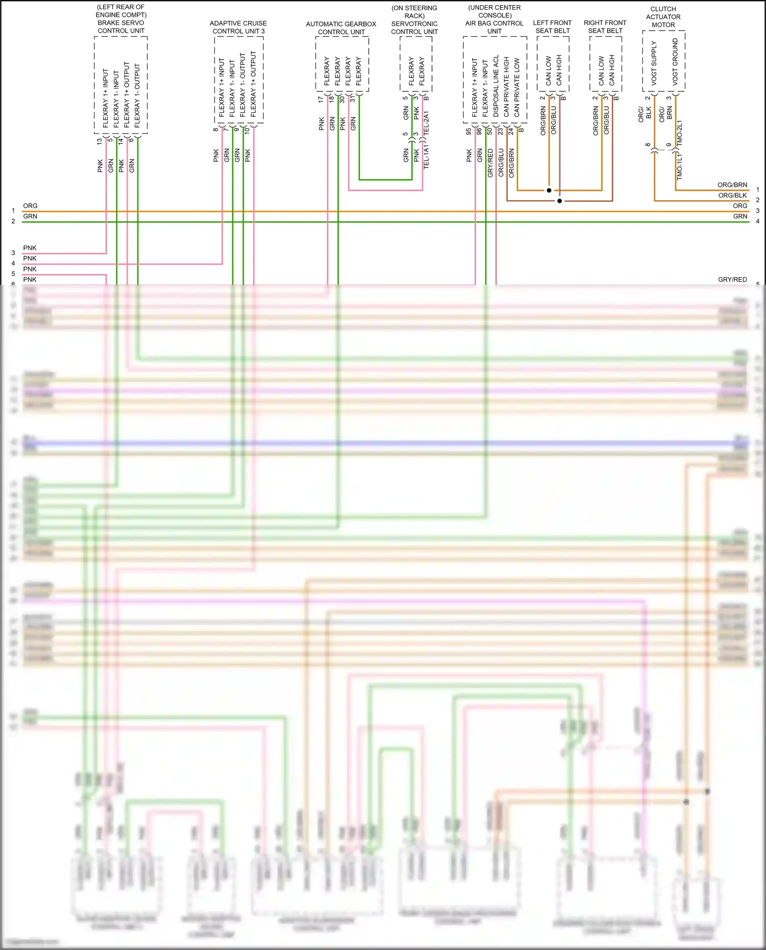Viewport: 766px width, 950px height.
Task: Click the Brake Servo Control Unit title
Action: coord(121,19)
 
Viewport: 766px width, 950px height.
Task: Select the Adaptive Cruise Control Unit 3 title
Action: coord(238,27)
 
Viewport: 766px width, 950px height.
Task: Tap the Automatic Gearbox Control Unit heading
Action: coord(341,28)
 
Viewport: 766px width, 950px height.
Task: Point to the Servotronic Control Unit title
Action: coord(414,20)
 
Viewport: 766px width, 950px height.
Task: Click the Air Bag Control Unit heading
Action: coord(494,19)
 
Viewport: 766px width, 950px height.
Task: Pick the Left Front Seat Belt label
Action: coord(553,27)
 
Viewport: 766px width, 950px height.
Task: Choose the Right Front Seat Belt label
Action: coord(605,27)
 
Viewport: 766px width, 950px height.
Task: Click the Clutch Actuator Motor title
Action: coord(663,17)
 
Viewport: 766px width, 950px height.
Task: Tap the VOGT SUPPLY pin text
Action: coord(654,62)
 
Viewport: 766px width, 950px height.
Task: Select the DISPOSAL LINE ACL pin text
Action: coord(496,86)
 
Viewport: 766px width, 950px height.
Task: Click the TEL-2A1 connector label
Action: coord(426,123)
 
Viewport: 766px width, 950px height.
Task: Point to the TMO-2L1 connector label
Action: coord(679,134)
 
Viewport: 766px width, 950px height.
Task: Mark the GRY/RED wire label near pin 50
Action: coord(490,163)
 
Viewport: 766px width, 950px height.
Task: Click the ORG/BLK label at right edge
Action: coord(732,196)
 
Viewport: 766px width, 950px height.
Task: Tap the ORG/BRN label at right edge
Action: coord(732,185)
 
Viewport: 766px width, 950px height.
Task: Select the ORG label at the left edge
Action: coord(30,206)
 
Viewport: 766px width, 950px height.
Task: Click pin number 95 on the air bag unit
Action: coord(469,131)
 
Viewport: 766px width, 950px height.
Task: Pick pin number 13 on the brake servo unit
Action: coord(100,141)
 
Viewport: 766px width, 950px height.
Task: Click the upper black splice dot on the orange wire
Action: coord(549,190)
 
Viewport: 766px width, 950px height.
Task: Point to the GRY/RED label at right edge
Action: coord(732,280)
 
